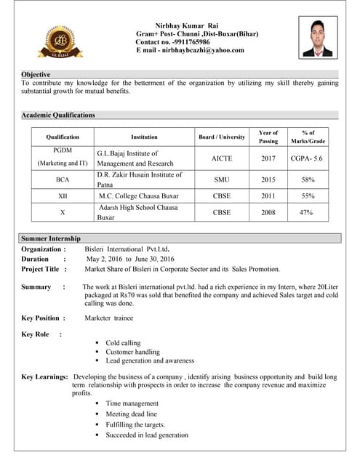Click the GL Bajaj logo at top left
coord(62,40)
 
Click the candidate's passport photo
coord(318,39)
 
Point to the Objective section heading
coord(36,75)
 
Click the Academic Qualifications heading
coord(58,115)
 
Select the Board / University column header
coord(222,137)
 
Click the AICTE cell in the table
coord(222,158)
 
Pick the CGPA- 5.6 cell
coord(307,158)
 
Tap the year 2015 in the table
coord(268,179)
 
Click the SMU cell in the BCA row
coord(222,179)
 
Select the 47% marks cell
coord(307,212)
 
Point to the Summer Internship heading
coord(51,238)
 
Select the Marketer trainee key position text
coord(113,318)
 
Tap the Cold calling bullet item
coord(123,343)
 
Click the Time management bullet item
coord(132,403)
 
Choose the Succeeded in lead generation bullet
coord(147,435)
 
